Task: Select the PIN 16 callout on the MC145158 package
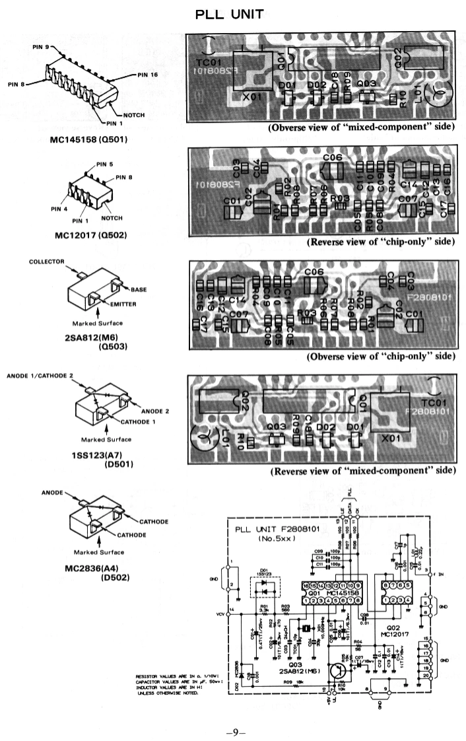[148, 75]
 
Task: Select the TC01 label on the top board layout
[209, 64]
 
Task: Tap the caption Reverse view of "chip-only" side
[381, 242]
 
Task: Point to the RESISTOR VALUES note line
[168, 676]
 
